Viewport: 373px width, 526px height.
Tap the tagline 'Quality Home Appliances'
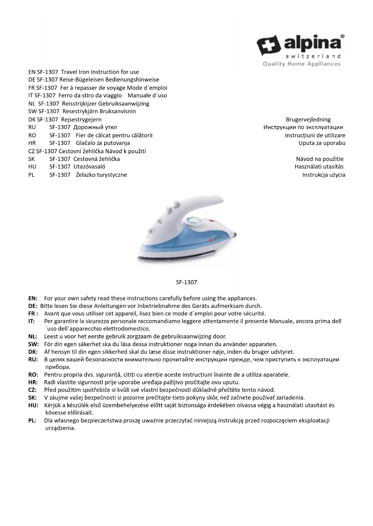tap(301, 64)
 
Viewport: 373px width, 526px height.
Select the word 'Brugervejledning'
tap(308, 120)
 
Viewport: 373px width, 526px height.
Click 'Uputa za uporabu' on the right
tap(322, 143)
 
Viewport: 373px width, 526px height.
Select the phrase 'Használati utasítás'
tap(319, 167)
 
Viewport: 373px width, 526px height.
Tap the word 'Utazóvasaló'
tap(89, 167)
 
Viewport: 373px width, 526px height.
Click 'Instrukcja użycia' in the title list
tap(323, 175)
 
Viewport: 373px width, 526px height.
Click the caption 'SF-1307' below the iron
tap(186, 282)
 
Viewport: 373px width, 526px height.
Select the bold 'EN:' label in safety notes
tap(33, 298)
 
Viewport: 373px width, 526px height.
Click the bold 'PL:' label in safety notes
tap(32, 420)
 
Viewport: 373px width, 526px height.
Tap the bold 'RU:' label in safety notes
tap(33, 360)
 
